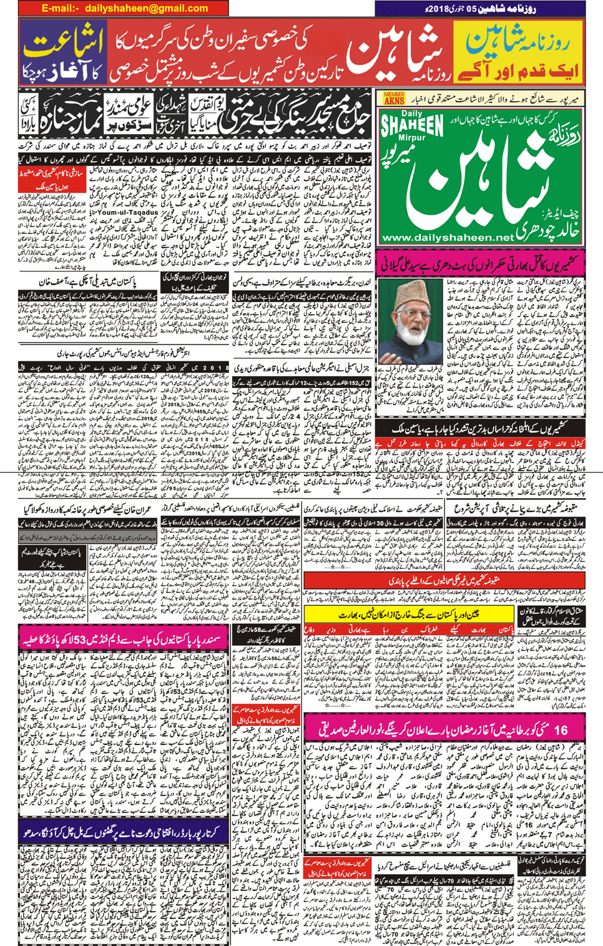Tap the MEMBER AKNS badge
(x=394, y=97)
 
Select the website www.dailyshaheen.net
(x=448, y=238)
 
